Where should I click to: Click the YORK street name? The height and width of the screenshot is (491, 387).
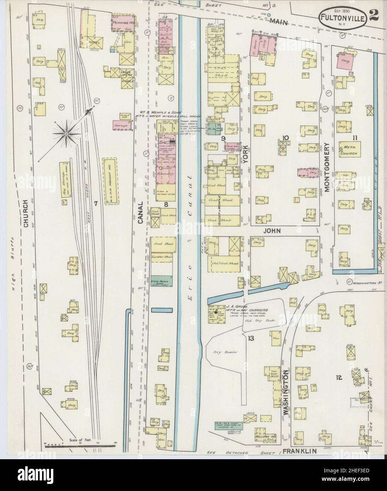pyautogui.click(x=246, y=153)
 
